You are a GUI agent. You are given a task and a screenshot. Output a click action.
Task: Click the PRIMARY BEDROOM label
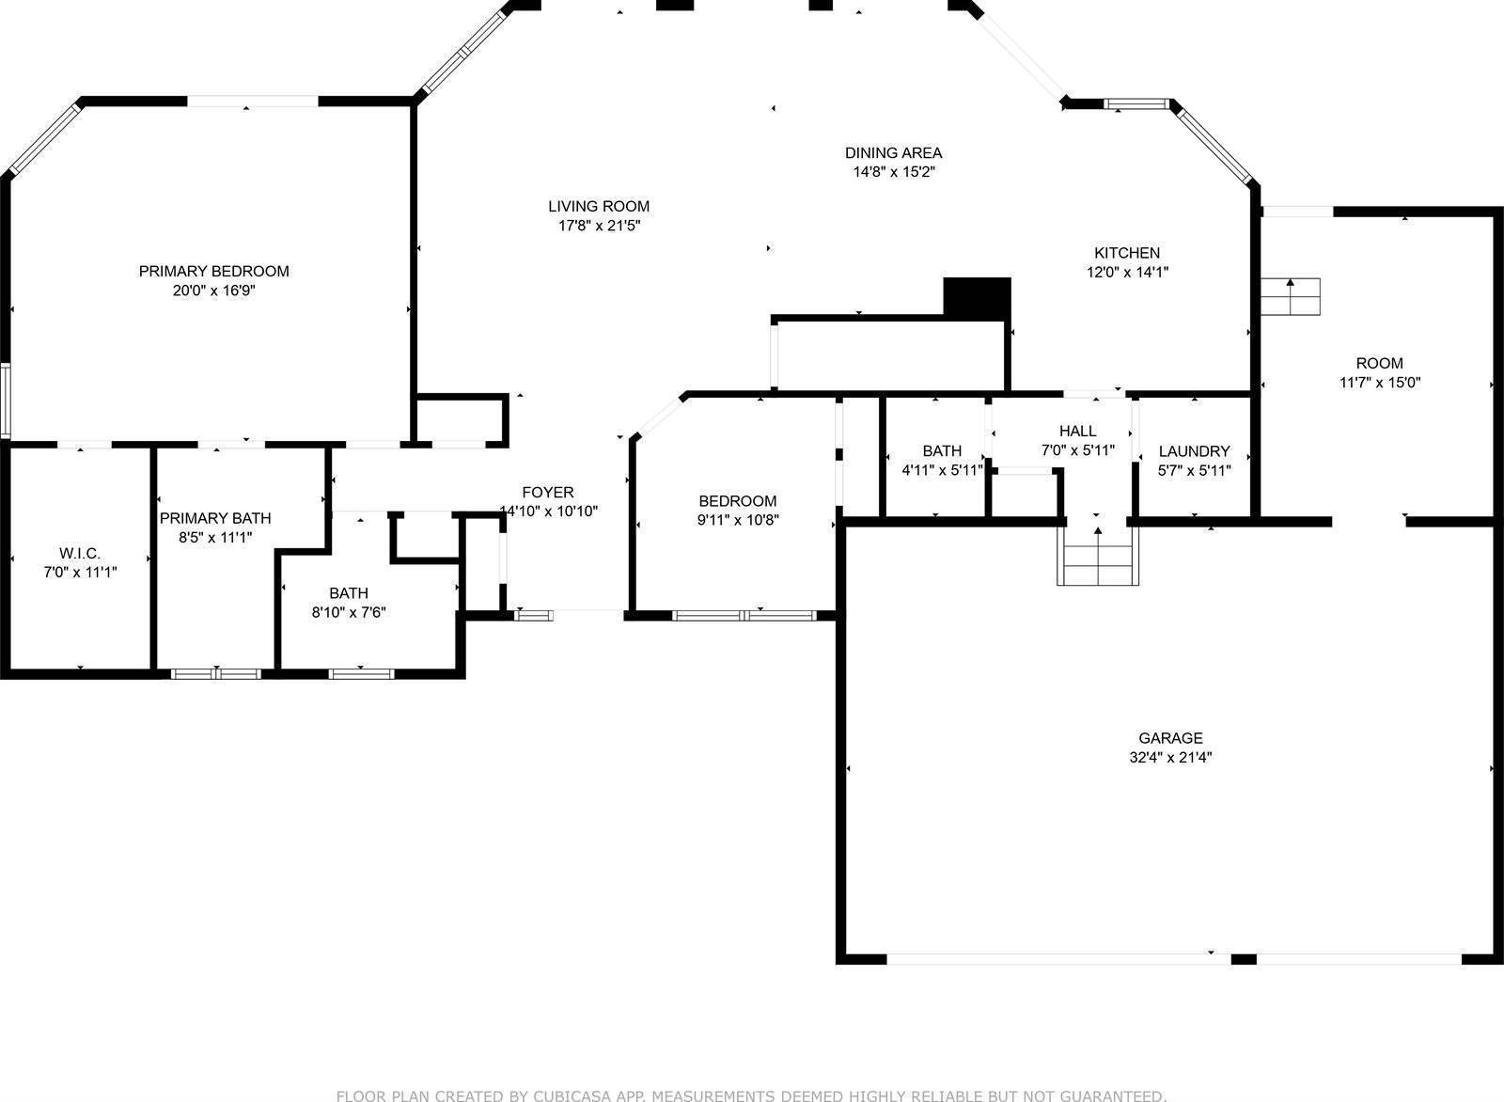213,271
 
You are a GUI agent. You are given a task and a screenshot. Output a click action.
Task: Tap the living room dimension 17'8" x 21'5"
599,226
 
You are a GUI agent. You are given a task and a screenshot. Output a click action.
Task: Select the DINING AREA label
893,152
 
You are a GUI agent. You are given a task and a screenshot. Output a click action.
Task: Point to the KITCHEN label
1126,252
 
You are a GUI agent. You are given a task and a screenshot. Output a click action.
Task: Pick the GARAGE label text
1170,738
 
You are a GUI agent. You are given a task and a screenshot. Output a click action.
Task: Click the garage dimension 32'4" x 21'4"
1170,758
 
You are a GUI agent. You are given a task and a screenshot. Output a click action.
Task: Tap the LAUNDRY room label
1194,451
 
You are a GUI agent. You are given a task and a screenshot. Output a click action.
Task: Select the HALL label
1077,431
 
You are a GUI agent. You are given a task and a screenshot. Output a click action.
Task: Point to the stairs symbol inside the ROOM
1290,296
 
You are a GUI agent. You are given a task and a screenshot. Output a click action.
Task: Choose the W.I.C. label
80,552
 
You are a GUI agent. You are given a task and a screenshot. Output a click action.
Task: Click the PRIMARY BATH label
215,518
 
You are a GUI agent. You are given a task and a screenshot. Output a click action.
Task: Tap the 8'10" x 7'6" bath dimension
349,612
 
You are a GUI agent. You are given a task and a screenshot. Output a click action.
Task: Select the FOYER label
548,492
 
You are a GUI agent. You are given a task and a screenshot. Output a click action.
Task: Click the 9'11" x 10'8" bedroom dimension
738,520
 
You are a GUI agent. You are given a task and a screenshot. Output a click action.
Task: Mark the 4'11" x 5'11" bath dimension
942,470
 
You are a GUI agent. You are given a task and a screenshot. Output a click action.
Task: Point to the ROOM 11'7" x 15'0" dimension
1379,383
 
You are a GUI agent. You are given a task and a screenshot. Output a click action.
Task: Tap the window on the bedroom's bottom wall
744,616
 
